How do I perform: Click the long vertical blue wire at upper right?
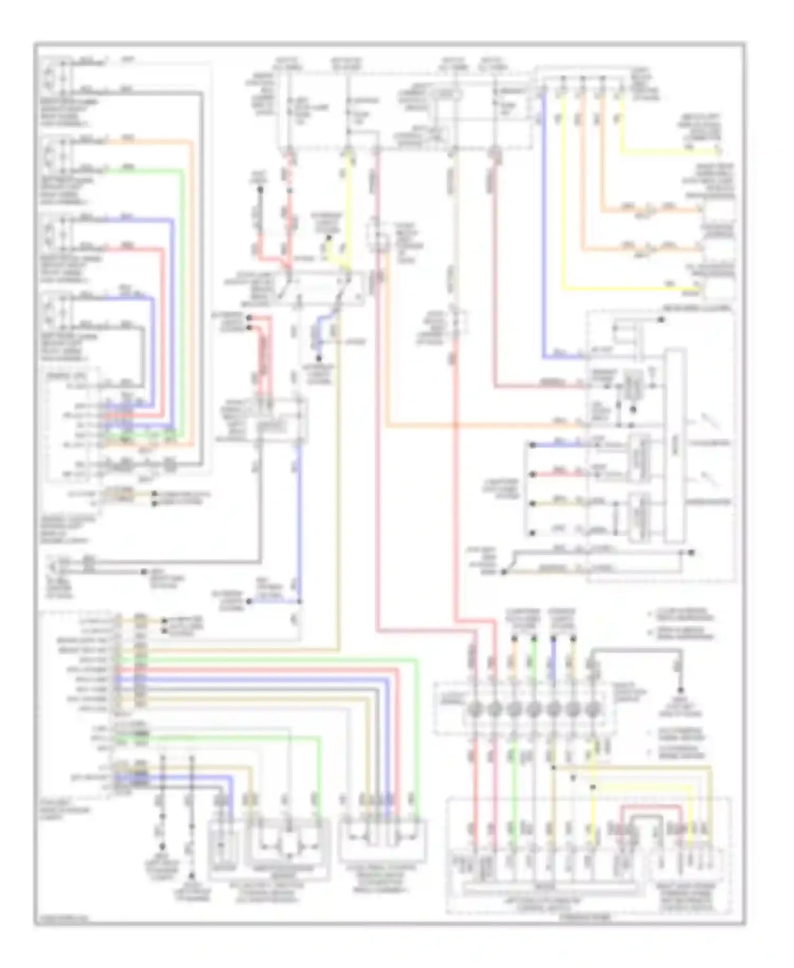coord(544,228)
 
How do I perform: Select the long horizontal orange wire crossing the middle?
coord(476,425)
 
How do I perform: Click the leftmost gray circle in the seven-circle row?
coord(475,709)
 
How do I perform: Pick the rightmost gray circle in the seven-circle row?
coord(592,709)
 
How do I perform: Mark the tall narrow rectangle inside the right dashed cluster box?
coord(675,445)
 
